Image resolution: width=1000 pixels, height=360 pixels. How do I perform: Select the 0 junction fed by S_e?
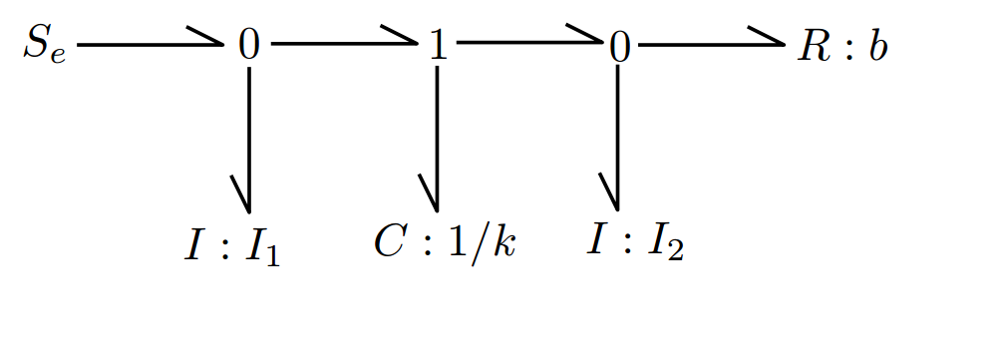(x=248, y=47)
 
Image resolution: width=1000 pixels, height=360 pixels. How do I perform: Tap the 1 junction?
(x=438, y=47)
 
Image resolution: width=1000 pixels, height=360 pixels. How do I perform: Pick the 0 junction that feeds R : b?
(x=619, y=47)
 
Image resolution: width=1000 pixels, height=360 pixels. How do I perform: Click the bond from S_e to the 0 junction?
(x=150, y=45)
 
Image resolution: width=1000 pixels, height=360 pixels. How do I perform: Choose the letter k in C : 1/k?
(x=505, y=242)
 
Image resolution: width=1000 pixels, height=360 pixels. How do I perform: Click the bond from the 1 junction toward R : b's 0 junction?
(x=528, y=44)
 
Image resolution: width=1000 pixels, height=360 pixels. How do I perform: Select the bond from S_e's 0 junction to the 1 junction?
(x=343, y=45)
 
